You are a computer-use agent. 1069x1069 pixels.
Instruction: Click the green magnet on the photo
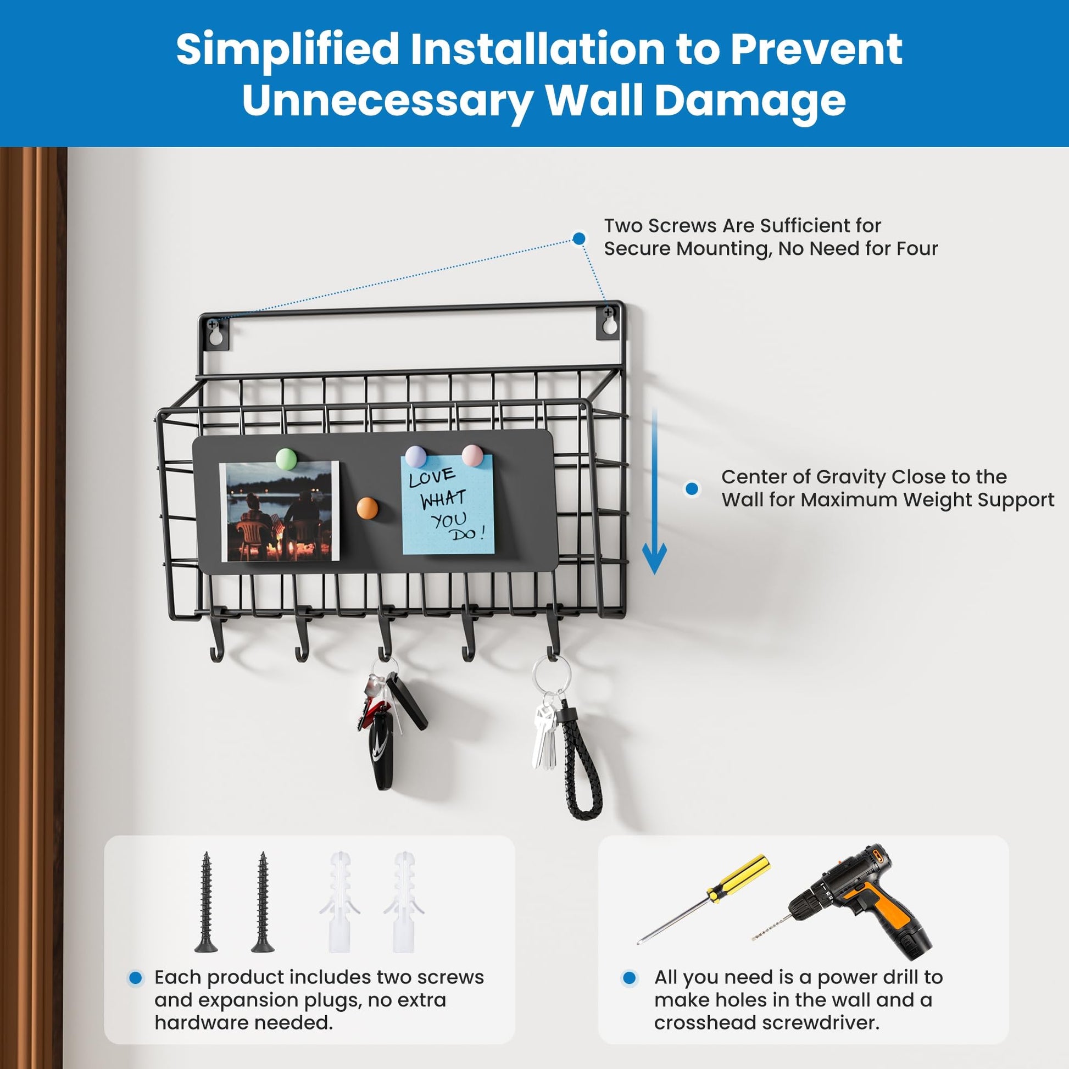pos(286,459)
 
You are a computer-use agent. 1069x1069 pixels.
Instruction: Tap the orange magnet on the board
pos(367,508)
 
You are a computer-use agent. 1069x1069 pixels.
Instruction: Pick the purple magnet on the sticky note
pos(416,457)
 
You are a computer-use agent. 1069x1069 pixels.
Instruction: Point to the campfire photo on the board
pos(280,511)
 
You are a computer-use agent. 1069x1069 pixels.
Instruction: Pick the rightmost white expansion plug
pos(404,903)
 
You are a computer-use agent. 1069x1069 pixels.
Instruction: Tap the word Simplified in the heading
pos(288,49)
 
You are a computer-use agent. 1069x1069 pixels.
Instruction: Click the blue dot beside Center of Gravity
pos(692,488)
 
